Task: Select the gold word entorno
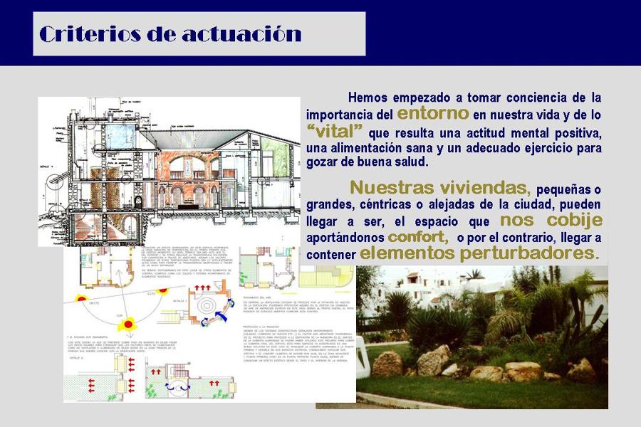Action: tap(432, 113)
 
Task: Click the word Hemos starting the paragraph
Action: tap(370, 97)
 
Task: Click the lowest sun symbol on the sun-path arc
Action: tap(129, 325)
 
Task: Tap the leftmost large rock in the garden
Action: tap(387, 364)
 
